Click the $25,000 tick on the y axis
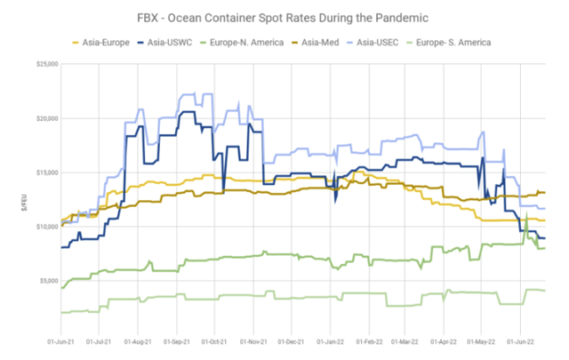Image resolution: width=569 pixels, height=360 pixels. point(44,64)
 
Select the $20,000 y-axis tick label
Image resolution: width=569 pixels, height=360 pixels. point(44,118)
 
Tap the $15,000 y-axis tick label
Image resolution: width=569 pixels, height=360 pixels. point(44,172)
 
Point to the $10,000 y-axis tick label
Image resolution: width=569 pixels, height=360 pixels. point(44,226)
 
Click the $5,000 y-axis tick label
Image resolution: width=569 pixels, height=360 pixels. point(46,280)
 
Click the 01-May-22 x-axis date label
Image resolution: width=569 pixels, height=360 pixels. point(483,340)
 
